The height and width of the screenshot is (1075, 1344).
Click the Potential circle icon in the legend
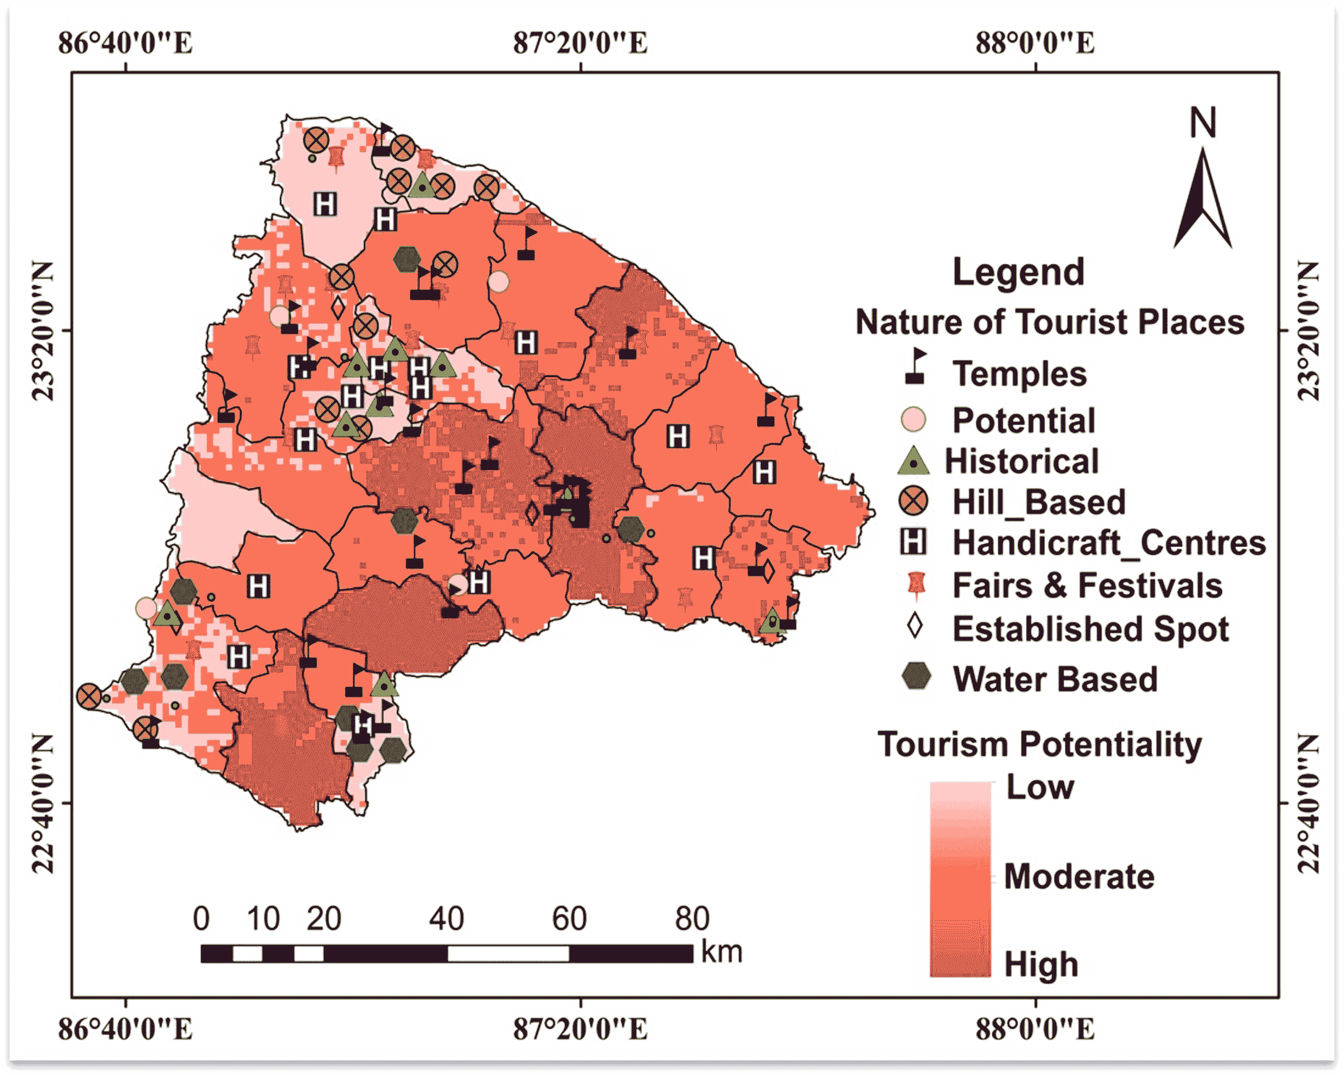[x=913, y=419]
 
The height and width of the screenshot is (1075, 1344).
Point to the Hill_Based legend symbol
[x=913, y=502]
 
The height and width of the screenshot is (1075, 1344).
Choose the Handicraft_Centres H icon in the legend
[x=913, y=542]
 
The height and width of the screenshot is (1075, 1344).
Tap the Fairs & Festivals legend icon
[x=915, y=585]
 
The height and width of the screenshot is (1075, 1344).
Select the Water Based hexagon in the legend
[x=916, y=677]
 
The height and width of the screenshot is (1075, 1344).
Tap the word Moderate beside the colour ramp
[x=1079, y=877]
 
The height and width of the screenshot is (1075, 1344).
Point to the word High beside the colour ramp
[x=1041, y=964]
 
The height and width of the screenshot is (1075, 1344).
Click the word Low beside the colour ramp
[x=1040, y=787]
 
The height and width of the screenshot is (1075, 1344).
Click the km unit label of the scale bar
[x=722, y=952]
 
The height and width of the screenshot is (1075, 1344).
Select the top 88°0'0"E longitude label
[x=1035, y=43]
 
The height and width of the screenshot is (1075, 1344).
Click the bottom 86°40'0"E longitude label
[x=125, y=1029]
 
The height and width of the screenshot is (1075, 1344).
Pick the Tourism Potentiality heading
[x=1040, y=745]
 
